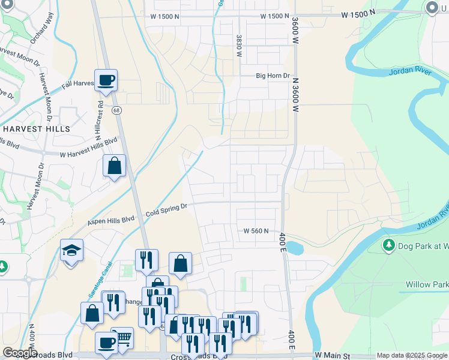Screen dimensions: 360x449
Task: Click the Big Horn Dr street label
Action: pyautogui.click(x=273, y=76)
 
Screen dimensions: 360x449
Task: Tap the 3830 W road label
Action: pyautogui.click(x=239, y=46)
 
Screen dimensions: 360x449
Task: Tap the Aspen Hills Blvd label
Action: pyautogui.click(x=110, y=221)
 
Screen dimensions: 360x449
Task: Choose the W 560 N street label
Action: pyautogui.click(x=255, y=231)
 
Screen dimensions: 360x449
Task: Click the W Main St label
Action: pyautogui.click(x=332, y=356)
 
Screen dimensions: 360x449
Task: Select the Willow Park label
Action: pyautogui.click(x=427, y=284)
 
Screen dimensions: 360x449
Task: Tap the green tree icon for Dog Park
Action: pyautogui.click(x=388, y=245)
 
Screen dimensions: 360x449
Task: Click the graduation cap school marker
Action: pyautogui.click(x=71, y=250)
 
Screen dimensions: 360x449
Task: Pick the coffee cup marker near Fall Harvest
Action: pyautogui.click(x=106, y=80)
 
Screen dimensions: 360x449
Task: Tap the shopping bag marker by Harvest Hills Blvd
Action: pyautogui.click(x=114, y=166)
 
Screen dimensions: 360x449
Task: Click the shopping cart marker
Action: pyautogui.click(x=122, y=338)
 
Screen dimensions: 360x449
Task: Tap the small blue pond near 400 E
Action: pyautogui.click(x=295, y=247)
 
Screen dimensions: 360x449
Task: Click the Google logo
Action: pyautogui.click(x=20, y=353)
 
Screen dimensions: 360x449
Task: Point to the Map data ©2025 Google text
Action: pyautogui.click(x=411, y=356)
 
